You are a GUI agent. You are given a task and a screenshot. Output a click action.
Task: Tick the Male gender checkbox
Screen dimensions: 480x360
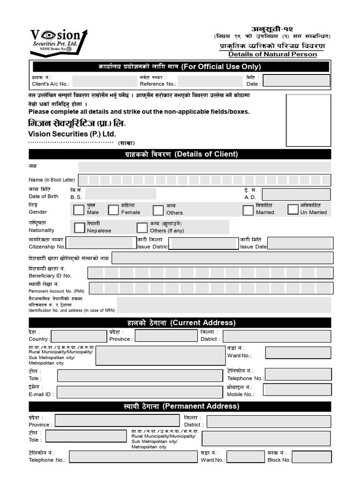point(79,210)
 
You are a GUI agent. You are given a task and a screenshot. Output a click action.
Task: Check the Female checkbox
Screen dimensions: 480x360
point(113,210)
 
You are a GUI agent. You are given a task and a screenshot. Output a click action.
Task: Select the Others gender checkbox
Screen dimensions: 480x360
point(158,210)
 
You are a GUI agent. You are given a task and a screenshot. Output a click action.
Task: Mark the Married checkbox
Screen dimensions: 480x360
point(248,210)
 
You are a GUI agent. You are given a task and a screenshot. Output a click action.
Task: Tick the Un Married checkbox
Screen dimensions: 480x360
point(292,209)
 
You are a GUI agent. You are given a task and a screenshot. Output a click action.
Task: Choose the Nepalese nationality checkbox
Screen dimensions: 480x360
point(79,227)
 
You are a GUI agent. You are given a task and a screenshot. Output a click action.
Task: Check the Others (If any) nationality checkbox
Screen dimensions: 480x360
point(142,228)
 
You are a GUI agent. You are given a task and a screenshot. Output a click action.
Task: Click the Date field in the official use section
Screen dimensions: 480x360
point(296,81)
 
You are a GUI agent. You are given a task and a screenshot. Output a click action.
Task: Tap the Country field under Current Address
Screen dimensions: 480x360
point(79,336)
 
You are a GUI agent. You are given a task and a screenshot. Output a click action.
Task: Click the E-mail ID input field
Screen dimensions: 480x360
point(140,391)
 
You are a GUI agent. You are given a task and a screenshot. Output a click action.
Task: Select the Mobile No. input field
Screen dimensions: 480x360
point(297,390)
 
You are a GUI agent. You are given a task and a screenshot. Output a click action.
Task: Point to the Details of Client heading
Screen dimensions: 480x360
point(180,154)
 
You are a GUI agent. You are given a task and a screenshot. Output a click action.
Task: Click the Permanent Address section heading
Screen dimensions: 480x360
point(180,406)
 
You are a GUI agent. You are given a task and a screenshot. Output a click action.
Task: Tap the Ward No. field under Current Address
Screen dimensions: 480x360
point(298,352)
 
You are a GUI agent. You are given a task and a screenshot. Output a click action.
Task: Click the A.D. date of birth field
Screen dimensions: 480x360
point(296,194)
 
